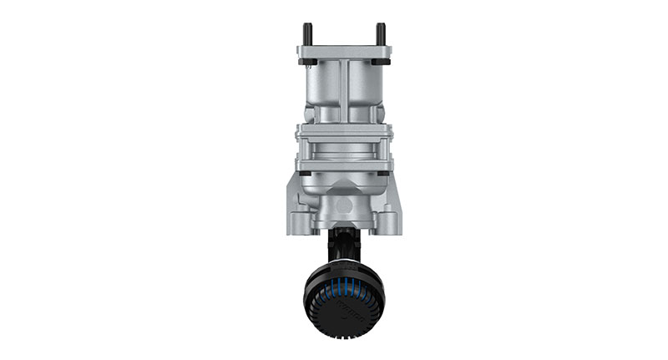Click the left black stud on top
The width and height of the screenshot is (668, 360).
(308, 34)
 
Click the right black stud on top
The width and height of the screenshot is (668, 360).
(381, 34)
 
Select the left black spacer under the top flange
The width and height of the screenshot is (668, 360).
(306, 63)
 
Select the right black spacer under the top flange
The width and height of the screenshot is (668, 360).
(382, 63)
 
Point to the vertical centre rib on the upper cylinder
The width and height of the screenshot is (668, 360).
(344, 92)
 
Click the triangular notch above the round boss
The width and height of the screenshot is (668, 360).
(344, 188)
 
